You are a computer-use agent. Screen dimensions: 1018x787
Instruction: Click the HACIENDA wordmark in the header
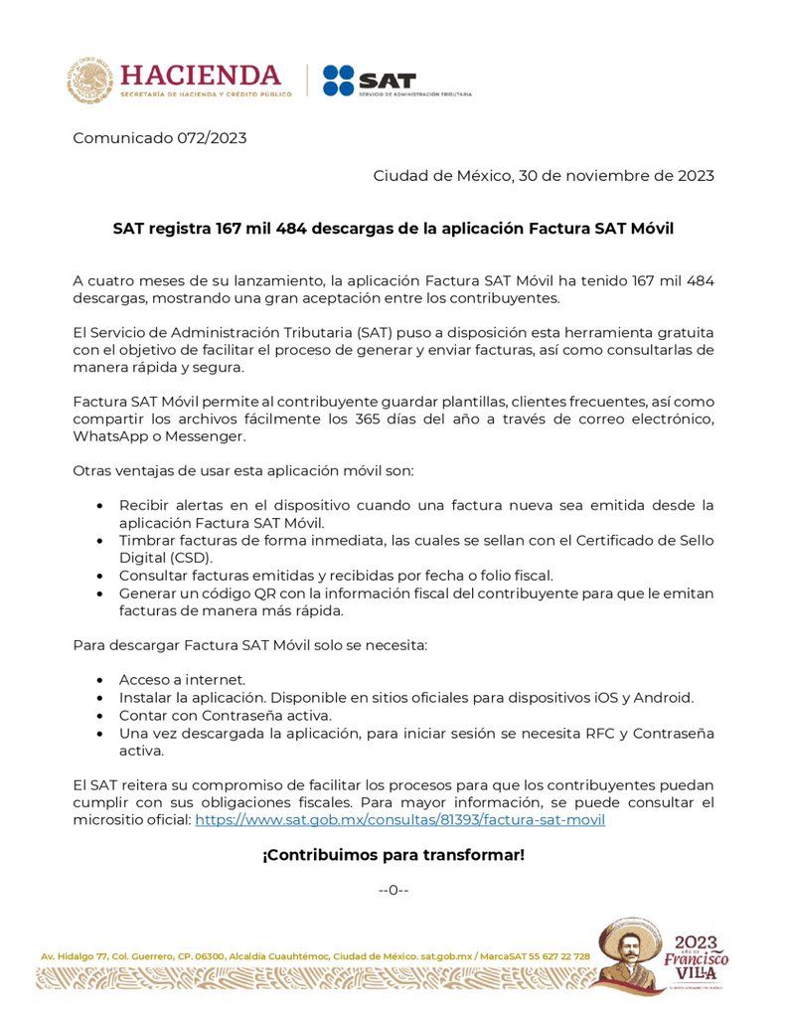click(x=201, y=76)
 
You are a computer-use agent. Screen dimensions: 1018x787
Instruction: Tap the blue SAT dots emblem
click(x=338, y=81)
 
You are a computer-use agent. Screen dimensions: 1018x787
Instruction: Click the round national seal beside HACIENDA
click(x=90, y=82)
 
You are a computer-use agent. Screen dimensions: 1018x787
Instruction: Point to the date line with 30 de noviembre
click(x=544, y=176)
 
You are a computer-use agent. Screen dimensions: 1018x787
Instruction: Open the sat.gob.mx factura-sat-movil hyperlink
click(x=399, y=820)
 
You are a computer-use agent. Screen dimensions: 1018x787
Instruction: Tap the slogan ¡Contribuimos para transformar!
click(x=393, y=854)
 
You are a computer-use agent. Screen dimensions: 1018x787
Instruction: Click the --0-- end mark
click(x=393, y=890)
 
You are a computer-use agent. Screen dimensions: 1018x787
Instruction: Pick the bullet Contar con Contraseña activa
click(x=225, y=715)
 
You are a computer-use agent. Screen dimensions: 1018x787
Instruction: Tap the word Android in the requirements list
click(x=667, y=697)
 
